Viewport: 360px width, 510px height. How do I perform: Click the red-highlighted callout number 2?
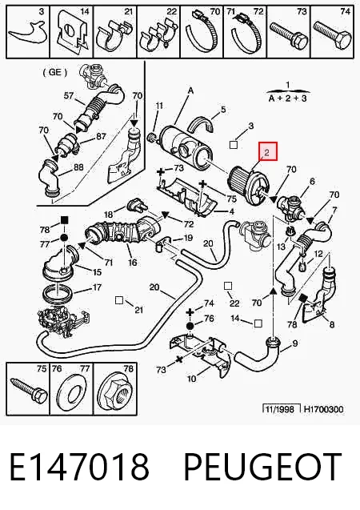(x=266, y=152)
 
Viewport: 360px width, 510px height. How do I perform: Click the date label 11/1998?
(x=279, y=409)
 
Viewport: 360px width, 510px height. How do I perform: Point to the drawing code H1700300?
(x=323, y=409)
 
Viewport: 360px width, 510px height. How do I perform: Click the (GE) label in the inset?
(x=54, y=72)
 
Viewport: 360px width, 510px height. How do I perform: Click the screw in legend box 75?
(x=29, y=390)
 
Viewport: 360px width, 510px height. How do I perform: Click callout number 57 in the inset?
(x=69, y=95)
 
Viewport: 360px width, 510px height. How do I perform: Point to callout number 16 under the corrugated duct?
(x=132, y=262)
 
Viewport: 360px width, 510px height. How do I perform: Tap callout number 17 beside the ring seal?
(x=97, y=287)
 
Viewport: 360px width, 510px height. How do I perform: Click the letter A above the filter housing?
(x=190, y=90)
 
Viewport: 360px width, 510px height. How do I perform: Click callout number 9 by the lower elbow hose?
(x=294, y=343)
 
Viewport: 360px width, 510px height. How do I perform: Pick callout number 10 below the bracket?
(x=192, y=379)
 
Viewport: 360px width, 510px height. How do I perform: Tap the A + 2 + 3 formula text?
(x=287, y=98)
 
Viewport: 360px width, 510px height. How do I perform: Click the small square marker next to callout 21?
(x=119, y=300)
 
